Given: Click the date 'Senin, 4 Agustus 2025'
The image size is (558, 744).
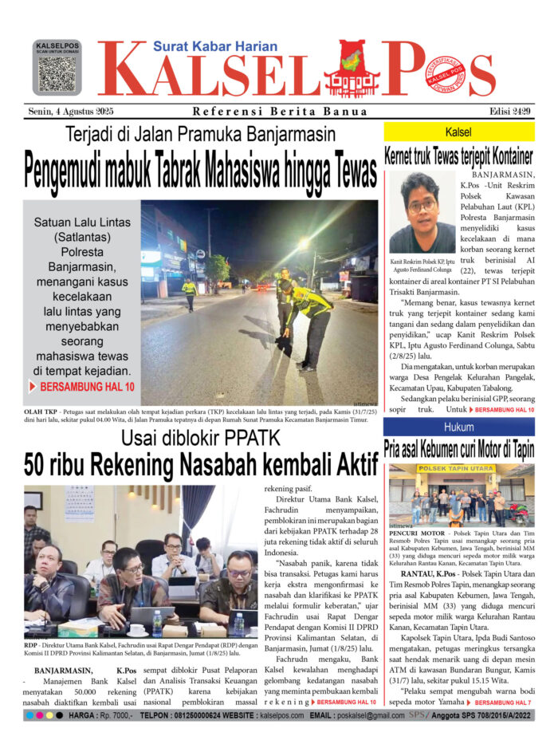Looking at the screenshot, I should (70, 112).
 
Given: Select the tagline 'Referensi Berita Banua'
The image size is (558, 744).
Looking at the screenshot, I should (280, 112).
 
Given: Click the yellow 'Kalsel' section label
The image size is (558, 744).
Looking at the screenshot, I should (459, 132).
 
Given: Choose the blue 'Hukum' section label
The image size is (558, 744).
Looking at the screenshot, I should (459, 427).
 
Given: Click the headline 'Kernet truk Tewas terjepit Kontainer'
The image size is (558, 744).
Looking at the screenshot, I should (459, 155).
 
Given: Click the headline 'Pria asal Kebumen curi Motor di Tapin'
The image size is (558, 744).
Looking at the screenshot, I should (459, 449).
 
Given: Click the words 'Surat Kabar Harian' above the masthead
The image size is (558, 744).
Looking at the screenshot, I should (215, 46).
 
